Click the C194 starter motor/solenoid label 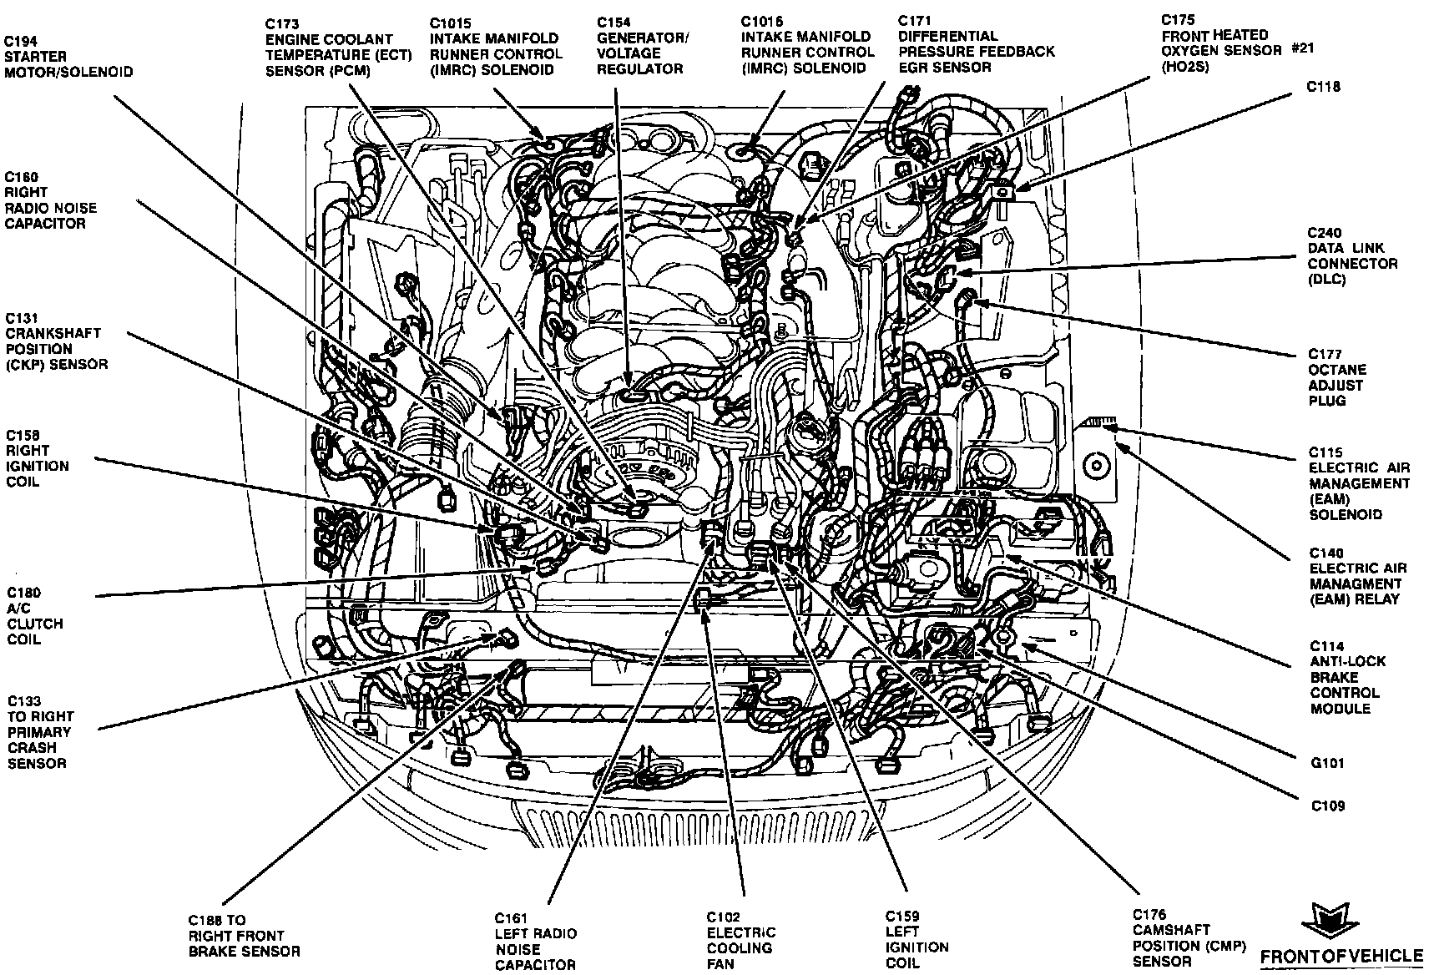tap(68, 57)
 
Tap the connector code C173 tap(283, 24)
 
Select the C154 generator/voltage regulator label tap(641, 45)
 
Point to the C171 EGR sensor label tap(976, 43)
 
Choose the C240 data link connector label tap(1352, 256)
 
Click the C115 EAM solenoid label tap(1359, 483)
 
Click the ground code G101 tap(1327, 763)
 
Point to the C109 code tap(1327, 806)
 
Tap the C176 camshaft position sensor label tap(1189, 937)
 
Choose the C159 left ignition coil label tap(916, 939)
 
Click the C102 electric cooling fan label tap(740, 940)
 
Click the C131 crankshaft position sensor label tap(56, 341)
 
